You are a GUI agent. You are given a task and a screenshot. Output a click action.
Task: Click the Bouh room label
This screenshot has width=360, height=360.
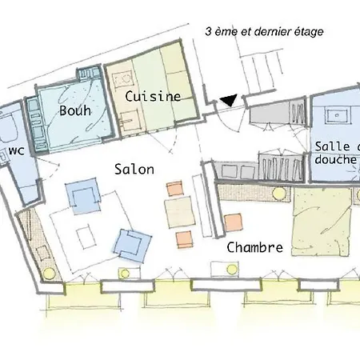pyautogui.click(x=74, y=111)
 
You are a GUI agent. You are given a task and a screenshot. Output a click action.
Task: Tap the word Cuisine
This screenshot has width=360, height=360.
pyautogui.click(x=152, y=96)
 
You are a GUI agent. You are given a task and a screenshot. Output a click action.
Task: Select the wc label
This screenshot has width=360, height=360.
pyautogui.click(x=16, y=150)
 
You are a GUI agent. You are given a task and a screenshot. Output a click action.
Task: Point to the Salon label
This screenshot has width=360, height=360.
pyautogui.click(x=134, y=170)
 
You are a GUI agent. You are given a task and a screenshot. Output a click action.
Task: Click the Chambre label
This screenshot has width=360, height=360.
pyautogui.click(x=254, y=247)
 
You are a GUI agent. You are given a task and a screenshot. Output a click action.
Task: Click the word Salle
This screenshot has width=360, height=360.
pyautogui.click(x=331, y=146)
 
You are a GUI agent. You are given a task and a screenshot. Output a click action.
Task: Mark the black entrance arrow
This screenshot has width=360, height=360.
pyautogui.click(x=229, y=100)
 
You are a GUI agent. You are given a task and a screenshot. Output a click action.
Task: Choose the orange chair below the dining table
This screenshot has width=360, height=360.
pyautogui.click(x=183, y=238)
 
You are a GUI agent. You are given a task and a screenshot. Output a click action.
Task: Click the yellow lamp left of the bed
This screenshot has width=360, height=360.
pyautogui.click(x=278, y=194)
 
